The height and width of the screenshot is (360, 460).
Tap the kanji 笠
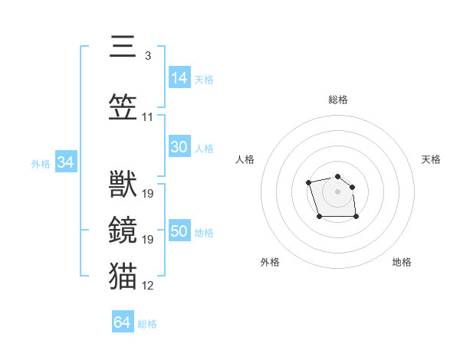[123, 107]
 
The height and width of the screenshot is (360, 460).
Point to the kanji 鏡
[123, 231]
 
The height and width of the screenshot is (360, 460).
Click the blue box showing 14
[179, 77]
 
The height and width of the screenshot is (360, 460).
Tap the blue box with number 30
[179, 147]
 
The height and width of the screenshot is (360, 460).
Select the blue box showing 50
[179, 231]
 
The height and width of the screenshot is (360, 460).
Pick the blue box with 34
[65, 162]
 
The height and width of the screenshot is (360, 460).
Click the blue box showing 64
[123, 322]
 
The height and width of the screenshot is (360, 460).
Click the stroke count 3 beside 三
[147, 56]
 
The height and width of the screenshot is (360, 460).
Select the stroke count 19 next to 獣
[148, 194]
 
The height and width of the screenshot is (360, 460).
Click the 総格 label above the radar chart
[337, 100]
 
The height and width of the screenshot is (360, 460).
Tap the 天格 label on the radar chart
[431, 159]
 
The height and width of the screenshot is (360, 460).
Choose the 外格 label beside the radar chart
[270, 262]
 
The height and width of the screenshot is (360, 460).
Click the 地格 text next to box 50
[204, 232]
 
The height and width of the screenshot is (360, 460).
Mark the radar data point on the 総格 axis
[337, 176]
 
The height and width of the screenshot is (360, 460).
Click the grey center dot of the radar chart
[337, 191]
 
